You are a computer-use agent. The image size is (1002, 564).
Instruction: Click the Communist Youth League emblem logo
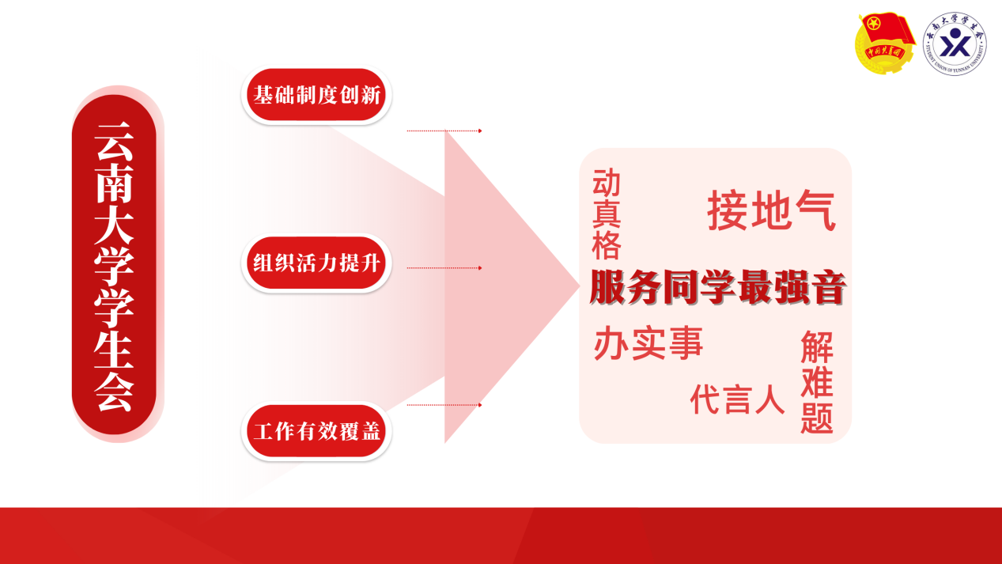pos(885,44)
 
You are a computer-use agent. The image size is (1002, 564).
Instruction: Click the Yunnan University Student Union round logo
pos(955,44)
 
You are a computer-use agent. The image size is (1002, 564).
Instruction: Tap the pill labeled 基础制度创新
pos(316,95)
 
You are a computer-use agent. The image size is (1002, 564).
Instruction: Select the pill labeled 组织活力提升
pos(316,263)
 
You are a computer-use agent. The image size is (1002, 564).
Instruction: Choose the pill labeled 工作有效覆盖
pos(316,431)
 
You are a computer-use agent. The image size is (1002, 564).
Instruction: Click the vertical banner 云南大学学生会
pos(115,264)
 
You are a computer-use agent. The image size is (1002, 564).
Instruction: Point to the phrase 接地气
pos(771,210)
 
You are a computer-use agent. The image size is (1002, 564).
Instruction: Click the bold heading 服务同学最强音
pos(717,288)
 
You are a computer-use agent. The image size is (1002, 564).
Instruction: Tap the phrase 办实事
pos(648,343)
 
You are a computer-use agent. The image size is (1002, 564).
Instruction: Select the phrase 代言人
pos(737,399)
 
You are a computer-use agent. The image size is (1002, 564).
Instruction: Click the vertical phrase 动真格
pos(607,214)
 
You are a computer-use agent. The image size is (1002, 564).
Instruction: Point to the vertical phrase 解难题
pos(817,382)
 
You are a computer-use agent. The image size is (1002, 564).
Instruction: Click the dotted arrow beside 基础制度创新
pos(444,131)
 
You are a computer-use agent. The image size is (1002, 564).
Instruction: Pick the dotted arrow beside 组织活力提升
pos(444,268)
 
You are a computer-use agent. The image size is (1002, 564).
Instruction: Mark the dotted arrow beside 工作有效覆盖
pos(444,405)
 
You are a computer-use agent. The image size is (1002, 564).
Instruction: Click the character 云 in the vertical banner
pos(115,142)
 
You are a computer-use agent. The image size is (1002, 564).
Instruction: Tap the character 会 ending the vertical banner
pos(115,392)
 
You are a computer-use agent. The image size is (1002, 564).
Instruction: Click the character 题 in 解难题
pos(817,418)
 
